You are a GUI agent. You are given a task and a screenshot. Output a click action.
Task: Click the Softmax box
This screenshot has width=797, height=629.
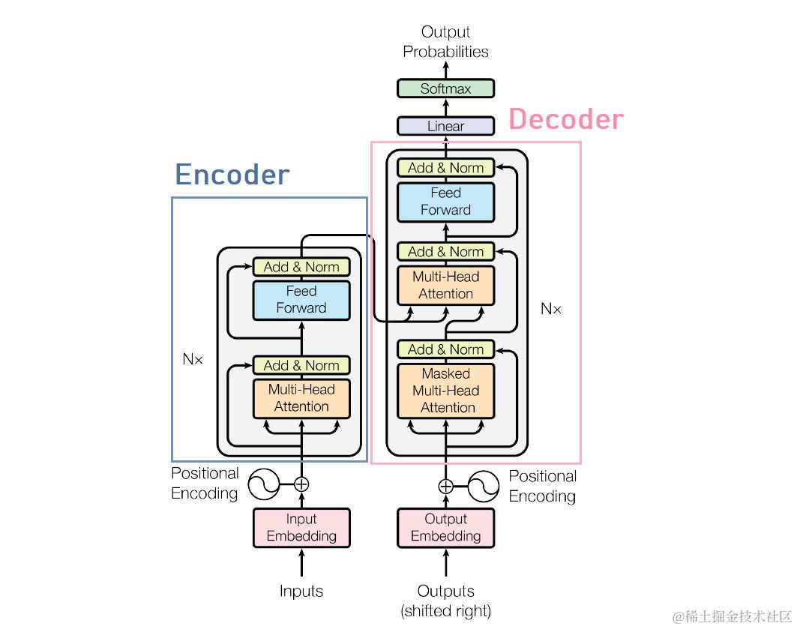(x=445, y=88)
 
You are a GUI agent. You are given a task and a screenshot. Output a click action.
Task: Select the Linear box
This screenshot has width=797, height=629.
(x=445, y=126)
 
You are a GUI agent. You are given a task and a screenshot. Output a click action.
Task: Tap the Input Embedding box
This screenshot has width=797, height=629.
(x=301, y=527)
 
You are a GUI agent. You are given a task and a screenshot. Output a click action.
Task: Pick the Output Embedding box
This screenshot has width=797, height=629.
(x=445, y=527)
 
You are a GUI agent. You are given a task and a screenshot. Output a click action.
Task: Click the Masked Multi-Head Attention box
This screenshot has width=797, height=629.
(x=445, y=391)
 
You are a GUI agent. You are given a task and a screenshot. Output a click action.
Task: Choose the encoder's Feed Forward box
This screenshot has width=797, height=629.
(x=301, y=299)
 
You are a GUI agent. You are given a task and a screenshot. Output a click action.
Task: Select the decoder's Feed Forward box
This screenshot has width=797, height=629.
(x=445, y=202)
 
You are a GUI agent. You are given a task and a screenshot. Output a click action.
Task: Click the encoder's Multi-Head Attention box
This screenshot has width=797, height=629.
(x=301, y=398)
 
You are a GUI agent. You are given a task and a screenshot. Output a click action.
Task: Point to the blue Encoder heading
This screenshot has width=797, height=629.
(x=232, y=175)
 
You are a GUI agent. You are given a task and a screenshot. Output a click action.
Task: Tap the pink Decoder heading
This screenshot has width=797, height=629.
(x=566, y=119)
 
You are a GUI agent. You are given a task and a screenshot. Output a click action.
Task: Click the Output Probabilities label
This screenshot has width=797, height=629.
(x=445, y=42)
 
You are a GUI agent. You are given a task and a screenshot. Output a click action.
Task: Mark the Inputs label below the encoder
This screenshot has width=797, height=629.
(x=301, y=591)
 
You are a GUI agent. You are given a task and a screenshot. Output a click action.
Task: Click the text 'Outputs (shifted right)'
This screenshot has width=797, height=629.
(x=445, y=601)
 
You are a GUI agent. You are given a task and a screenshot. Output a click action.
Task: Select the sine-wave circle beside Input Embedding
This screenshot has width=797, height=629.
(x=264, y=484)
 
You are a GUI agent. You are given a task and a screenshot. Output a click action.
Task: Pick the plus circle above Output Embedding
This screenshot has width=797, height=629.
(x=445, y=486)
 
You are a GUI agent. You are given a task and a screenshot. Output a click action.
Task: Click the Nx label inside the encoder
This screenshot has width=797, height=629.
(x=193, y=359)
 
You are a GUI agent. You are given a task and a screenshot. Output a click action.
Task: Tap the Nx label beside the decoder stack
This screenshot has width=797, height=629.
(x=551, y=308)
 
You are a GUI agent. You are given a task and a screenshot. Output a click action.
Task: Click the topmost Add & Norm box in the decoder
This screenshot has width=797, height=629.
(x=445, y=168)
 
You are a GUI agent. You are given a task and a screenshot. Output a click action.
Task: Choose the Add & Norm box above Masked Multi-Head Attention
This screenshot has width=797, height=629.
(x=445, y=349)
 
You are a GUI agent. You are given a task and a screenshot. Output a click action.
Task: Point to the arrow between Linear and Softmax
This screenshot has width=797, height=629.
(x=445, y=107)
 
